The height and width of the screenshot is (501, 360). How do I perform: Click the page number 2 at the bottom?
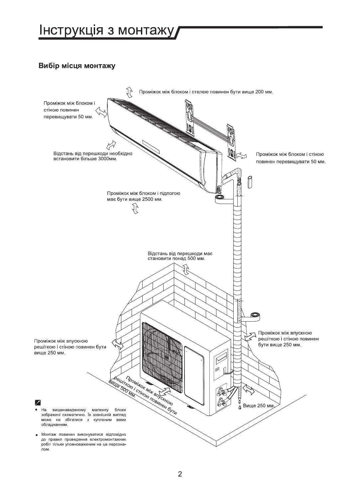coord(180,473)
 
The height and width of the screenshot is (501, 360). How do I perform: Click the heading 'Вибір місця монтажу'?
coord(77,66)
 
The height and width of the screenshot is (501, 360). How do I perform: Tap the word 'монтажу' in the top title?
coord(146,30)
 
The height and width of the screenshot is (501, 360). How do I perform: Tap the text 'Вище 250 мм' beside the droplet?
coord(258,406)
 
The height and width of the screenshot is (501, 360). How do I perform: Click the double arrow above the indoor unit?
coord(129,92)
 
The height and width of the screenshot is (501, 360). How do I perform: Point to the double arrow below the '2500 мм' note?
coord(135,209)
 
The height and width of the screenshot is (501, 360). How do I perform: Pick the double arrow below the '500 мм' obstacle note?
coord(186,269)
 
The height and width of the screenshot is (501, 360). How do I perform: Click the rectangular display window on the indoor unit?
coord(151,147)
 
